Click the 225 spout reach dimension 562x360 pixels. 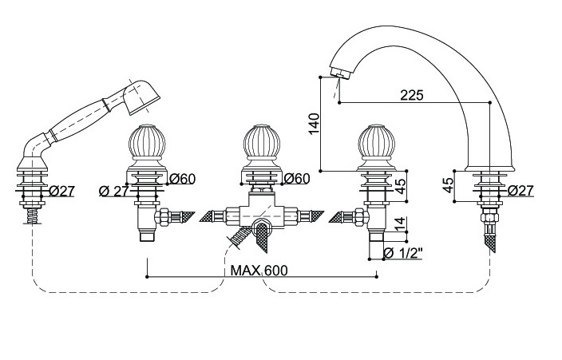point(411,94)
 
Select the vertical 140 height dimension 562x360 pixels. point(314,122)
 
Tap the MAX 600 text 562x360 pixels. point(259,270)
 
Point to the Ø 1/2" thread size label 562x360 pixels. point(402,254)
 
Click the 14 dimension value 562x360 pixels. point(399,224)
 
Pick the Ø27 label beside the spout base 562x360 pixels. point(520,191)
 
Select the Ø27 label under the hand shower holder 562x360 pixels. point(61,191)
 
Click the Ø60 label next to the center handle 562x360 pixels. point(296,177)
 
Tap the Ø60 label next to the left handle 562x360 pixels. point(183,177)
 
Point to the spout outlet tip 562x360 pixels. point(338,77)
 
